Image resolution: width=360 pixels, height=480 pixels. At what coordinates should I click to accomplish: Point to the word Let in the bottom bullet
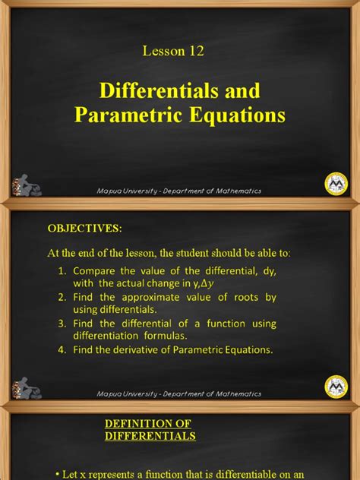tap(74, 474)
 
